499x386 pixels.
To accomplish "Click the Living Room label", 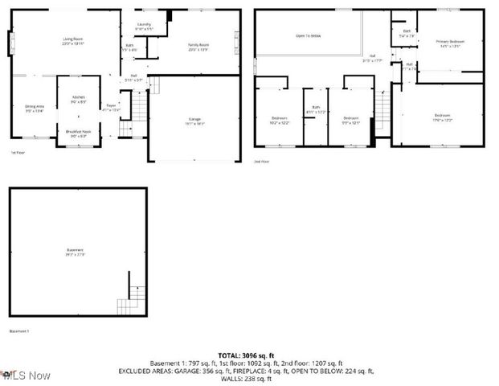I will (73, 39).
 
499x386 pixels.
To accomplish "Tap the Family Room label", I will (198, 44).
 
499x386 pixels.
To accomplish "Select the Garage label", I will (194, 119).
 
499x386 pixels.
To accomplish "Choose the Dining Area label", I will (33, 106).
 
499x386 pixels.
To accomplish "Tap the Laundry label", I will (144, 25).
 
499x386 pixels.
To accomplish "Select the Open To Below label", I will (309, 35).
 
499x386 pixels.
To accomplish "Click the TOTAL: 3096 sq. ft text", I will (249, 355).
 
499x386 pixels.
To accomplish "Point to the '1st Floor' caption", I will (17, 152).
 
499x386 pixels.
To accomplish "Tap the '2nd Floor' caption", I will (262, 161).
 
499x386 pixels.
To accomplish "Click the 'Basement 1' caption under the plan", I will (18, 331).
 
